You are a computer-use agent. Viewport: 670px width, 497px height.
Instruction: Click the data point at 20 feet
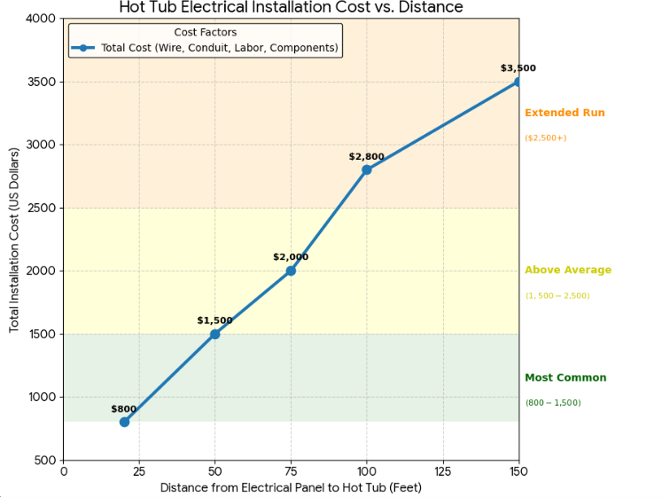pyautogui.click(x=124, y=422)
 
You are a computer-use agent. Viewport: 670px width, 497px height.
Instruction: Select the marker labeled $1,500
pyautogui.click(x=214, y=334)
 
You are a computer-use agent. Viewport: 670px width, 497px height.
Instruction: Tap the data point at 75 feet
pyautogui.click(x=291, y=271)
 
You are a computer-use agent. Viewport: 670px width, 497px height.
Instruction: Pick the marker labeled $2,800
pyautogui.click(x=366, y=170)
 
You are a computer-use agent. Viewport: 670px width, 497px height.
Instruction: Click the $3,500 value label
pyautogui.click(x=518, y=68)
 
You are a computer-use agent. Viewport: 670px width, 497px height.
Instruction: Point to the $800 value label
pyautogui.click(x=123, y=409)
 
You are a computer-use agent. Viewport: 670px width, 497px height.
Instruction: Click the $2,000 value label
pyautogui.click(x=291, y=257)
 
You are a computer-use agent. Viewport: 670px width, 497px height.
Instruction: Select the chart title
pyautogui.click(x=291, y=8)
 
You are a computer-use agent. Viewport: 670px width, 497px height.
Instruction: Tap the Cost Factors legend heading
pyautogui.click(x=205, y=33)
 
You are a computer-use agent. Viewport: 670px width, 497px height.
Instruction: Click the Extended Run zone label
pyautogui.click(x=565, y=113)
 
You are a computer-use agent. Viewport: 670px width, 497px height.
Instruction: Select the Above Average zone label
pyautogui.click(x=567, y=270)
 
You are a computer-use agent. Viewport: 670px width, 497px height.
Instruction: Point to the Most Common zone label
pyautogui.click(x=565, y=377)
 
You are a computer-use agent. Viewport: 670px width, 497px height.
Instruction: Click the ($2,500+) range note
pyautogui.click(x=545, y=138)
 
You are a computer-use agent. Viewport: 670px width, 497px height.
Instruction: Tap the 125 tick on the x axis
pyautogui.click(x=442, y=471)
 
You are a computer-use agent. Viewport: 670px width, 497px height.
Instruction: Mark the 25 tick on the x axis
pyautogui.click(x=139, y=471)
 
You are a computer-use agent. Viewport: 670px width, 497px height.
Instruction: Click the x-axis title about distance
pyautogui.click(x=291, y=487)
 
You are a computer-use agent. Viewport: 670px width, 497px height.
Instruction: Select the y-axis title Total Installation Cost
pyautogui.click(x=14, y=240)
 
